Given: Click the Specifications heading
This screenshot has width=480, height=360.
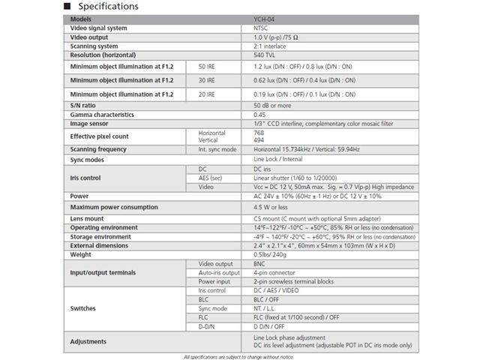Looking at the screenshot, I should [105, 7].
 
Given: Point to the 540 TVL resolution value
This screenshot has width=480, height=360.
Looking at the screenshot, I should [265, 55].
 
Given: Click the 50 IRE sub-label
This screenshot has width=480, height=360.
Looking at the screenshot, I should [206, 66].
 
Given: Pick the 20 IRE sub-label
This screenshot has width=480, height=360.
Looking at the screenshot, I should [206, 95].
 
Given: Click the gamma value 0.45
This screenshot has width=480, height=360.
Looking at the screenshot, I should [260, 115].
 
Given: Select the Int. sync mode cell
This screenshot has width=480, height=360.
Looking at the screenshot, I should [217, 149].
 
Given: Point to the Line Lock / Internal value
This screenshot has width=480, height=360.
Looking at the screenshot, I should [278, 160].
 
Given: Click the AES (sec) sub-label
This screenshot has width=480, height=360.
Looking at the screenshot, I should [210, 178].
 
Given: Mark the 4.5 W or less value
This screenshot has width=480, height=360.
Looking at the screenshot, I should [271, 207].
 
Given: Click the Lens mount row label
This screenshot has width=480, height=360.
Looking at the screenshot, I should [88, 218].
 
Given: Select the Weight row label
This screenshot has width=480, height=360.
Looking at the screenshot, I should [82, 254].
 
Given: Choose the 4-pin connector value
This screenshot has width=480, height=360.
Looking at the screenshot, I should [274, 273].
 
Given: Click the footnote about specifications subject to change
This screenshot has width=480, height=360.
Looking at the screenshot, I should [239, 355].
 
